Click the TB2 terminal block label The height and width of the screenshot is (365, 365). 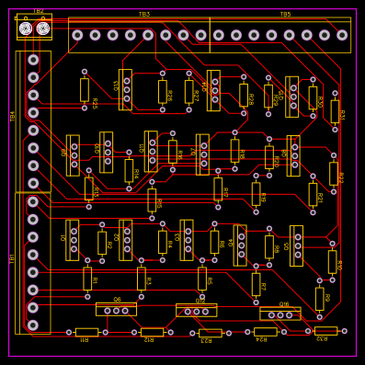click(39, 11)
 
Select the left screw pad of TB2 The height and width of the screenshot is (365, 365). click(26, 29)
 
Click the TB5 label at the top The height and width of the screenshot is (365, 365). click(285, 14)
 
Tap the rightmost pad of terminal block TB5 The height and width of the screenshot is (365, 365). click(342, 35)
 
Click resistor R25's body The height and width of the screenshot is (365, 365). click(85, 89)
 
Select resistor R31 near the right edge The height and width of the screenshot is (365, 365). click(335, 111)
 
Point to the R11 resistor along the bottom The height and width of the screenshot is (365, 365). click(86, 332)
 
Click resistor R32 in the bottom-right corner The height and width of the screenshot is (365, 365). click(325, 331)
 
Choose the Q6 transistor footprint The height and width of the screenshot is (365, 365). click(117, 310)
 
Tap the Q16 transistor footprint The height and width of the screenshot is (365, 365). click(279, 314)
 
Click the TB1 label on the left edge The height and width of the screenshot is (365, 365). click(12, 258)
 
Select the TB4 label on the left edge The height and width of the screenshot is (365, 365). click(12, 116)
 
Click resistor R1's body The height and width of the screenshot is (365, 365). click(87, 279)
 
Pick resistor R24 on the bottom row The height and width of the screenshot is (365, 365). click(265, 332)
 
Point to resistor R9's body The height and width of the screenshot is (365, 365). click(319, 299)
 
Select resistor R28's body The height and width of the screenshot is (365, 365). click(244, 95)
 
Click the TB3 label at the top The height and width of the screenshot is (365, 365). click(144, 14)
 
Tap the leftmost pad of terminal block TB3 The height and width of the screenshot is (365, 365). click(77, 35)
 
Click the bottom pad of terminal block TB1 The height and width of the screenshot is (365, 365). click(33, 325)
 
